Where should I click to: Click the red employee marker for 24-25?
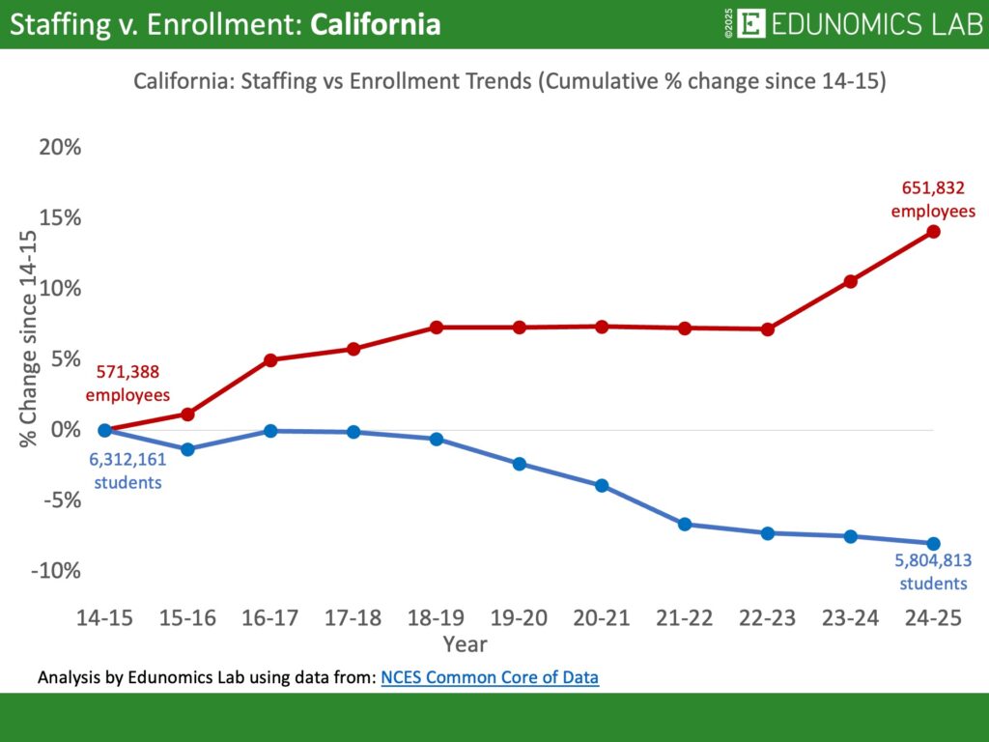(933, 232)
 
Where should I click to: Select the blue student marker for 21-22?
(685, 525)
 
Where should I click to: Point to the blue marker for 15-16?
(187, 449)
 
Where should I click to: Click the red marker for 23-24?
(851, 281)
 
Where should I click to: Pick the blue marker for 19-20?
(520, 464)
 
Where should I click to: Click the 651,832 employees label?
(933, 200)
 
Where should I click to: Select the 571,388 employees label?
(127, 384)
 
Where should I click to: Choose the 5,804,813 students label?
(933, 572)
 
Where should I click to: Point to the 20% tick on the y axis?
(60, 148)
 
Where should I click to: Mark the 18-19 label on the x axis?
(437, 619)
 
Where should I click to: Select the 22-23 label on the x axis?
(768, 619)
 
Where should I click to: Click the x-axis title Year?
(465, 643)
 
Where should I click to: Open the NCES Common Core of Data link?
(490, 678)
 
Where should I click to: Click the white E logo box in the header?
(750, 24)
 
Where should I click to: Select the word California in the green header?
(375, 24)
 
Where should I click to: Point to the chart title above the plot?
(509, 82)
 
